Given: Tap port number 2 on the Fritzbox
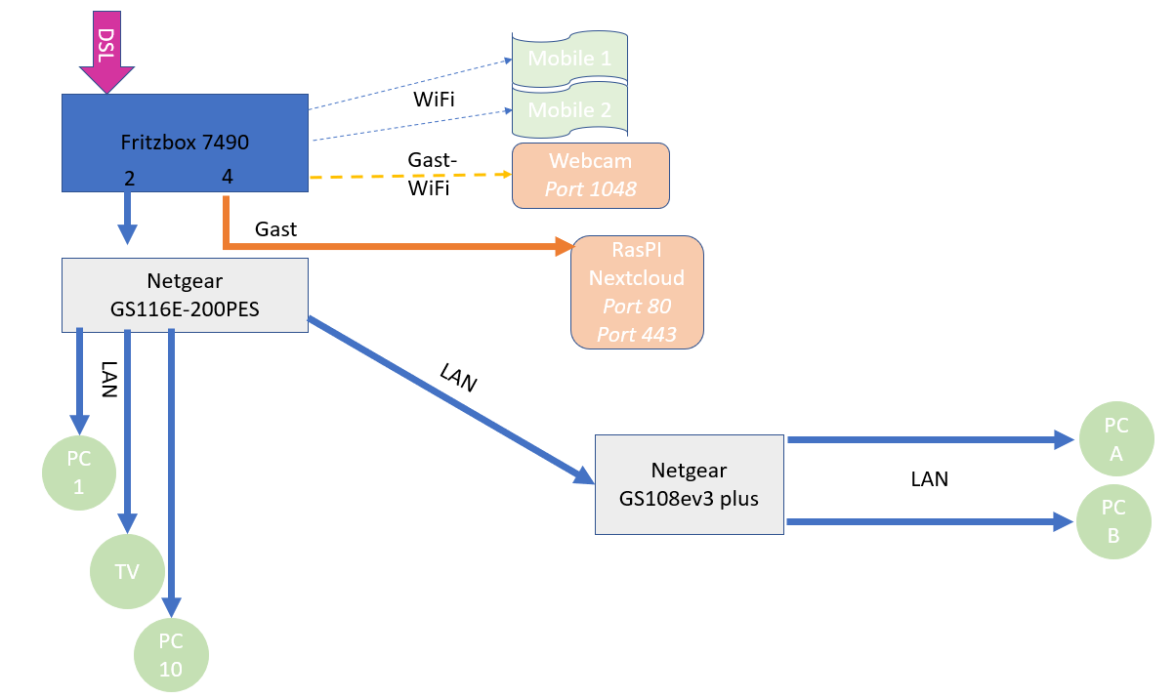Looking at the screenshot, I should point(128,178).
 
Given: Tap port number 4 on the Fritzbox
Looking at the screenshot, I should point(227,178).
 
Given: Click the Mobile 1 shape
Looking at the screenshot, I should point(569,59).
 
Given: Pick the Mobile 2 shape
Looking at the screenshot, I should point(569,110).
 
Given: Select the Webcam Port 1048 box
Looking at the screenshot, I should point(591,176).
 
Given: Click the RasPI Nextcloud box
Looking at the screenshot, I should point(637,292).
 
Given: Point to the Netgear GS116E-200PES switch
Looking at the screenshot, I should point(185,294).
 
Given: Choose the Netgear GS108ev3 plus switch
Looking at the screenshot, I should point(689,484).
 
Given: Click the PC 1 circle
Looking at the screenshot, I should point(78,473).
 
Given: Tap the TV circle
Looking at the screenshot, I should point(127,572).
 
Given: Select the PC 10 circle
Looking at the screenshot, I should point(171,655).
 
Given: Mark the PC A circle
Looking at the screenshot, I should point(1115,439).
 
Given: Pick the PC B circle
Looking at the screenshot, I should point(1114,522).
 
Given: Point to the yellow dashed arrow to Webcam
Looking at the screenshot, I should point(410,176).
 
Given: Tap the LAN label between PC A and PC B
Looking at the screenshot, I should point(929,479).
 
